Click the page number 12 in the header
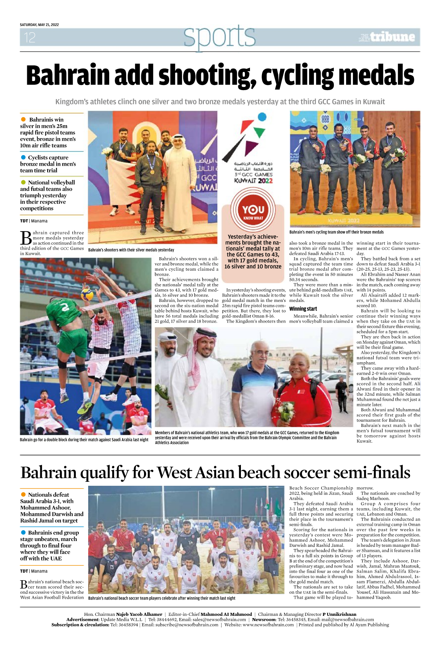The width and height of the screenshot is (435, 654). click(x=30, y=37)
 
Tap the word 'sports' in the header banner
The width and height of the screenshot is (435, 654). click(x=219, y=37)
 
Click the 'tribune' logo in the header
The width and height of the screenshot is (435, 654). click(x=392, y=37)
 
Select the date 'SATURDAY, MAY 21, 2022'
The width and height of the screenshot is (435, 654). click(x=39, y=25)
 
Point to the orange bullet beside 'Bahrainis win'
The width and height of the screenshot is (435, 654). click(x=24, y=120)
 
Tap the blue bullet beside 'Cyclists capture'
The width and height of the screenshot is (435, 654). click(x=24, y=157)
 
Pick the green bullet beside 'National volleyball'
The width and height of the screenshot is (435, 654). click(x=24, y=182)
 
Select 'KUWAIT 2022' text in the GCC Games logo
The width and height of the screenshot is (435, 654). click(x=253, y=181)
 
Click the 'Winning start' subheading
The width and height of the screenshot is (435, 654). click(x=303, y=309)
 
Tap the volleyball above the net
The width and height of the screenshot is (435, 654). click(x=87, y=294)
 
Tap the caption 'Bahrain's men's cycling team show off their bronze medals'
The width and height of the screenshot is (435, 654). click(x=336, y=232)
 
